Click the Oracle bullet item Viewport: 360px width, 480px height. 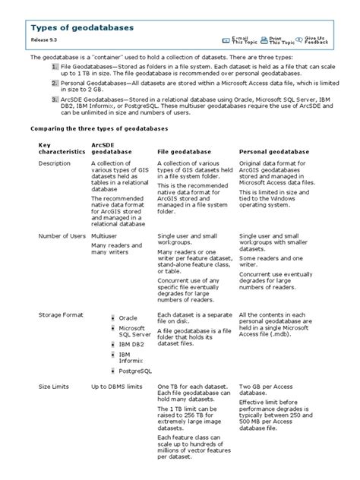(128, 318)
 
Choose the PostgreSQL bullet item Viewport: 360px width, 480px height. (135, 371)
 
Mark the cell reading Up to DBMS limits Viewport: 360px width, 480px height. (117, 387)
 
